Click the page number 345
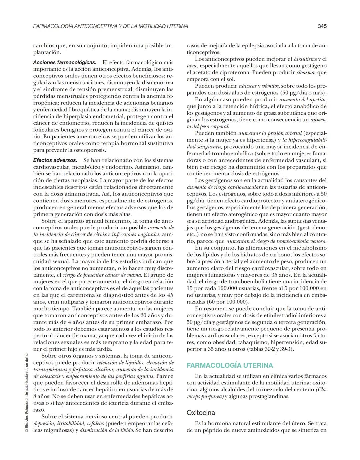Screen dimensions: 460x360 coord(322,26)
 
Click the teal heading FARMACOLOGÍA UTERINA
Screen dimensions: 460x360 coord(230,365)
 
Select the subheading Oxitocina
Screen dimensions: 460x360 coord(201,413)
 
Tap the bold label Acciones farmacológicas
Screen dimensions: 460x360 coord(65,62)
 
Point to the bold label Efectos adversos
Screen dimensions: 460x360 coord(55,160)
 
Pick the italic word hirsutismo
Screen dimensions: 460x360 coord(305,59)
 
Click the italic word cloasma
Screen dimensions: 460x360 coord(306,72)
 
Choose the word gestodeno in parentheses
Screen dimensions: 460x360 coord(312,228)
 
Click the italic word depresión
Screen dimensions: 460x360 coord(44,423)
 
